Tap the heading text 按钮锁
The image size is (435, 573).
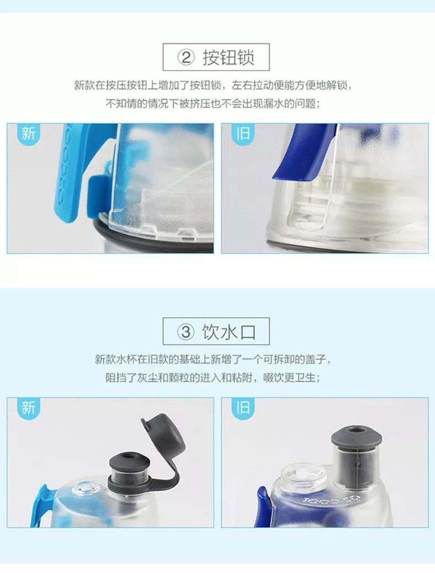(228, 58)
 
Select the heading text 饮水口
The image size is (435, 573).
(228, 332)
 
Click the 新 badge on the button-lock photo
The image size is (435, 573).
(28, 133)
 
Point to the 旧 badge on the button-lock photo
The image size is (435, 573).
(243, 133)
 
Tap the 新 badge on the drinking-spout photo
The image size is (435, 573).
(28, 407)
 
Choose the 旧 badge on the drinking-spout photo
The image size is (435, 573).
(243, 407)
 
